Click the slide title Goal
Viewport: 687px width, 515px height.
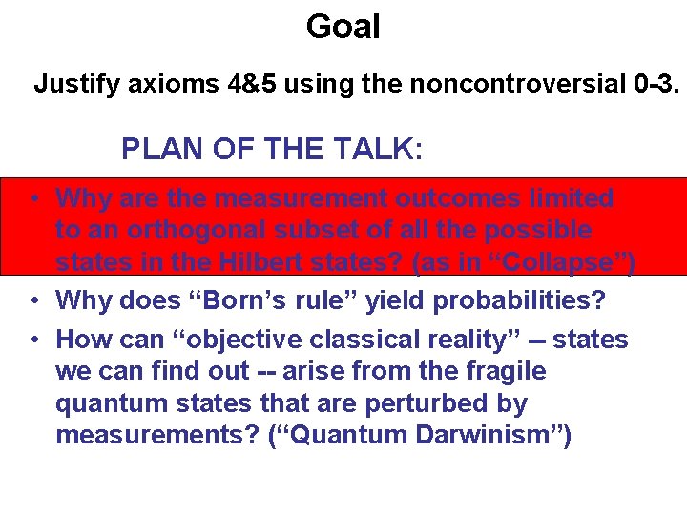pos(343,26)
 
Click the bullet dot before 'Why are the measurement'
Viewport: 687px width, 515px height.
pos(32,198)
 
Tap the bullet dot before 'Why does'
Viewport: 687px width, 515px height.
pos(32,300)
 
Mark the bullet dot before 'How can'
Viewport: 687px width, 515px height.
pos(32,340)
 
